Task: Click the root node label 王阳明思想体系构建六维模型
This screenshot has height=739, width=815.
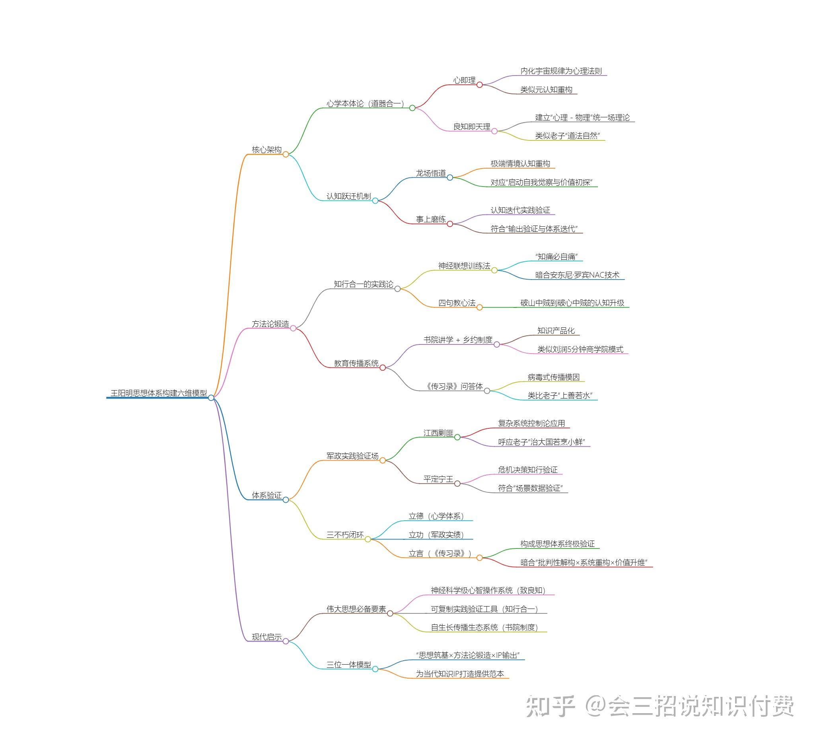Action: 159,393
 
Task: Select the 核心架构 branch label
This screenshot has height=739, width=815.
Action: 266,150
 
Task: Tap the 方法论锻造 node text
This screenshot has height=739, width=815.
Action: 270,324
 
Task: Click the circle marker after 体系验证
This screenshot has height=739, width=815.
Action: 286,500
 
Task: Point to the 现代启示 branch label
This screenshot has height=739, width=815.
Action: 266,637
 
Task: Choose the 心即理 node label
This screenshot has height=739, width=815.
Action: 464,80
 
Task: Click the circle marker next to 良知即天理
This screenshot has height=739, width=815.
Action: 494,131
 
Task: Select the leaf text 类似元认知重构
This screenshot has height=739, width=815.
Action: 546,89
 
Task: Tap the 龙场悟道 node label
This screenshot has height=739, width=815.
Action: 430,173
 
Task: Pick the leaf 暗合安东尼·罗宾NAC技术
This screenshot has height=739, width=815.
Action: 577,275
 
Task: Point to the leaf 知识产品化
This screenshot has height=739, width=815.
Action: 556,331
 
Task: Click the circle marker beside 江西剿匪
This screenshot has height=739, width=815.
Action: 457,437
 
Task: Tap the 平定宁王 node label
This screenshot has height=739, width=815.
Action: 438,479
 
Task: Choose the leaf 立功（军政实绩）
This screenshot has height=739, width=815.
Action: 436,535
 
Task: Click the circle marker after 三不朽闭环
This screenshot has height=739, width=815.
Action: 368,539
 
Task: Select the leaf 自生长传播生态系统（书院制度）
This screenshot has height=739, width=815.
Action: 484,627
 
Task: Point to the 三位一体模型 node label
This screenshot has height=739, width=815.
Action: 348,665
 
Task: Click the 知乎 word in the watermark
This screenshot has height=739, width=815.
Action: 550,707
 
